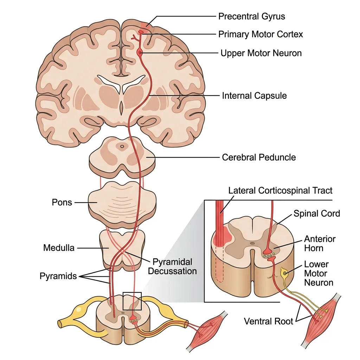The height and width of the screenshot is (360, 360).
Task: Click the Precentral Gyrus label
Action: click(x=251, y=16)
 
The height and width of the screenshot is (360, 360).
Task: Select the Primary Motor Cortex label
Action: click(x=261, y=34)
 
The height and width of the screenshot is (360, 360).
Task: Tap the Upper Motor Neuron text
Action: click(x=261, y=53)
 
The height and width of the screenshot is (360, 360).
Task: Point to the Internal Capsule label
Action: click(x=254, y=96)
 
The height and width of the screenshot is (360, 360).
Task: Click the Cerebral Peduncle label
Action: click(x=259, y=157)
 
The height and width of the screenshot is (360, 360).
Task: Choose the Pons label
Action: click(x=62, y=202)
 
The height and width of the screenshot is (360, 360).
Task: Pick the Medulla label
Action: click(x=59, y=248)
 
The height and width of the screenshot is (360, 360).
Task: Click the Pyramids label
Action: click(x=58, y=276)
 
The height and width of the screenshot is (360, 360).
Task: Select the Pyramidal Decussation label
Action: click(x=172, y=266)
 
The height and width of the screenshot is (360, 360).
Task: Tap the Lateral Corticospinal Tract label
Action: click(x=280, y=191)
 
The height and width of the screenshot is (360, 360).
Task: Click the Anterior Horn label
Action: click(x=320, y=244)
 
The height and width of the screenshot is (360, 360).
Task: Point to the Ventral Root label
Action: click(x=269, y=321)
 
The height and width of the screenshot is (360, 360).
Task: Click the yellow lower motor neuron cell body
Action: click(x=284, y=272)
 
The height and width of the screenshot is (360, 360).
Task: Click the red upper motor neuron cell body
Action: click(x=140, y=52)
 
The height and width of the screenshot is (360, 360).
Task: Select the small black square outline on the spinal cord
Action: click(x=132, y=301)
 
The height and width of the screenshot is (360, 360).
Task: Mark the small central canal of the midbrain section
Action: click(x=122, y=146)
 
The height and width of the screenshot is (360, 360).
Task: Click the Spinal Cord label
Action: click(x=317, y=213)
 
